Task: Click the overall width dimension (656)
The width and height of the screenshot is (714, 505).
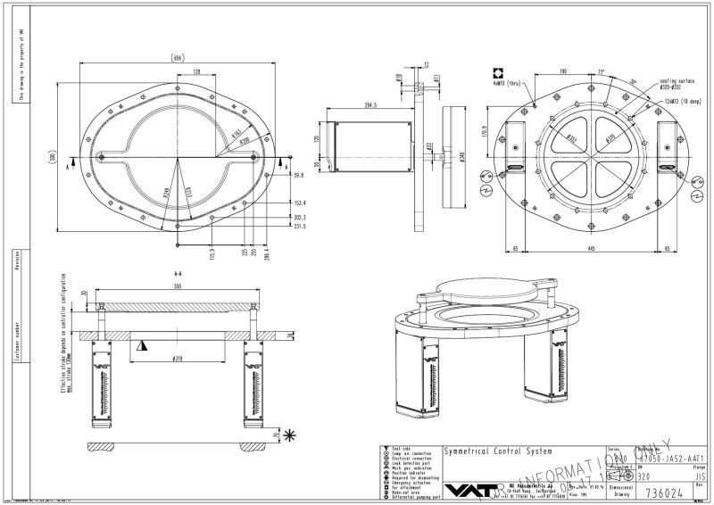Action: pos(178,58)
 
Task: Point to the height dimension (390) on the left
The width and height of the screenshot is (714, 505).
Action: pos(54,158)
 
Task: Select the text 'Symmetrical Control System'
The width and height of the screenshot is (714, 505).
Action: pos(497,451)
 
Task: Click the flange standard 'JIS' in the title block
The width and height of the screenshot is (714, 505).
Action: pos(700,477)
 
